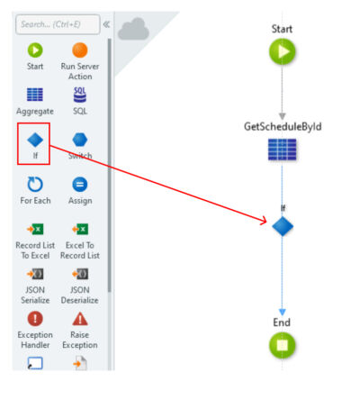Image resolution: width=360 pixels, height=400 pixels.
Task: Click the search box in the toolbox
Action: (x=58, y=24)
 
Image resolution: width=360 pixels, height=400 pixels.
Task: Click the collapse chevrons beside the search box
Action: (x=106, y=24)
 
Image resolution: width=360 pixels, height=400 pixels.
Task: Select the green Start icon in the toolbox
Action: (x=35, y=50)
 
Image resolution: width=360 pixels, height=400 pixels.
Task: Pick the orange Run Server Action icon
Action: (x=80, y=50)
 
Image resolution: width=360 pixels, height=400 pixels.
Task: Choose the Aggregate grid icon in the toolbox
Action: (x=35, y=95)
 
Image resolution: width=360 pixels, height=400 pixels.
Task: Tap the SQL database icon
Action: (x=80, y=95)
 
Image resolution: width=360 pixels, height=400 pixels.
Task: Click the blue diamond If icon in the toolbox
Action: (x=35, y=140)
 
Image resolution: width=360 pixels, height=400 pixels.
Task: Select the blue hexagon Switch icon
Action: (x=80, y=140)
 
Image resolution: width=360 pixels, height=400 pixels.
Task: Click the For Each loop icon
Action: (x=35, y=184)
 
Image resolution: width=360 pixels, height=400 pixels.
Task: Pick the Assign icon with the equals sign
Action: (x=80, y=184)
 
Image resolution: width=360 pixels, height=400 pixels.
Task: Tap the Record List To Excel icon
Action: (x=35, y=229)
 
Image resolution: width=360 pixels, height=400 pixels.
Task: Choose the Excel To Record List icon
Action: (x=80, y=229)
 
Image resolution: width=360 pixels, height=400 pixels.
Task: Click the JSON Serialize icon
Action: (x=35, y=274)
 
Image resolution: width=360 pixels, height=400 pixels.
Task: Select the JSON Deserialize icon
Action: (x=80, y=274)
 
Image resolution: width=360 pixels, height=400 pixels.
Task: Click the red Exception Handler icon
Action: (x=35, y=318)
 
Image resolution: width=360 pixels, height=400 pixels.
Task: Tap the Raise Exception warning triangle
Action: (x=80, y=319)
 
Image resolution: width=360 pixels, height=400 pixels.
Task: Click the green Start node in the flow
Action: (x=282, y=51)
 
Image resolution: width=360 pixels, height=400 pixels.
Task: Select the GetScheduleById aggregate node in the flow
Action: (x=282, y=150)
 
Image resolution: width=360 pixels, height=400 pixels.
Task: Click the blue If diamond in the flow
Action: (x=283, y=226)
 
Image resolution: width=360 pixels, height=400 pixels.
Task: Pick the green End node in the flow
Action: (x=282, y=345)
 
